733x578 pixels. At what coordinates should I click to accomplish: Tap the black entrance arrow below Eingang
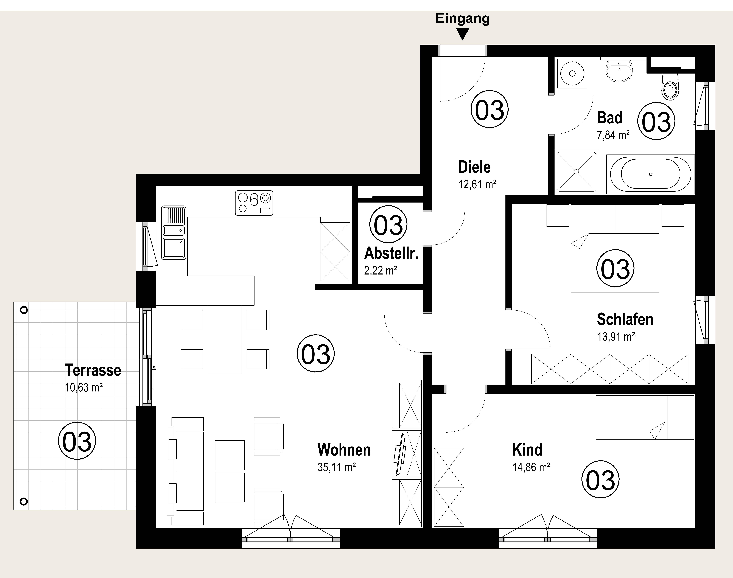(463, 34)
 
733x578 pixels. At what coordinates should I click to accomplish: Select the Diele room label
(474, 167)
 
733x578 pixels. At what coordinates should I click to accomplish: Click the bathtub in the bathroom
(650, 174)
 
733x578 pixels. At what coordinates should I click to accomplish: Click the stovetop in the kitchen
(254, 203)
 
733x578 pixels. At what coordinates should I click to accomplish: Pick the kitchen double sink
(174, 232)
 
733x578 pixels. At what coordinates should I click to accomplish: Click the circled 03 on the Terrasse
(77, 441)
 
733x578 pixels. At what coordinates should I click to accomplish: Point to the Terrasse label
(93, 370)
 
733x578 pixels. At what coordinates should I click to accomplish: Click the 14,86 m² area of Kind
(531, 467)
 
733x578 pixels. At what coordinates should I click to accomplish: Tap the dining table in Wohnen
(225, 339)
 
